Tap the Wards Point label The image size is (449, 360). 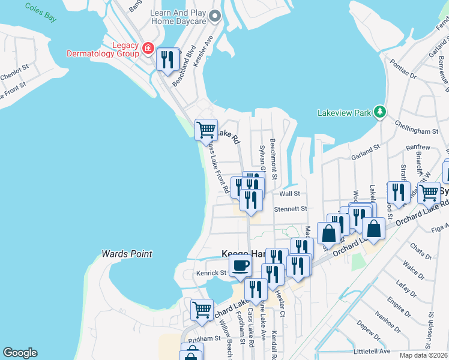point(127,254)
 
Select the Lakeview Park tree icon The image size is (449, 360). point(379,112)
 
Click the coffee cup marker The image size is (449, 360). point(240,265)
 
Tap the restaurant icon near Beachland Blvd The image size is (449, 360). point(167,59)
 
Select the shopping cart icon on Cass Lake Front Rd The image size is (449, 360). point(206,128)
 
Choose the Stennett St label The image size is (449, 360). point(291,209)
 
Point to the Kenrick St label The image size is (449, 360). point(211,273)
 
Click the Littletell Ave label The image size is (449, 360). point(372,351)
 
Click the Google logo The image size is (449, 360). point(19,353)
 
